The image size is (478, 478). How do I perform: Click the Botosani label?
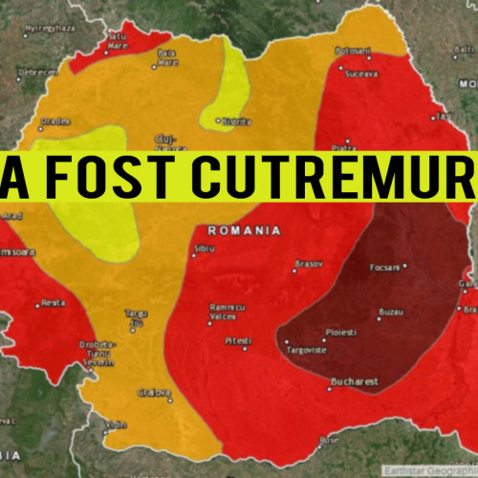352,50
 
